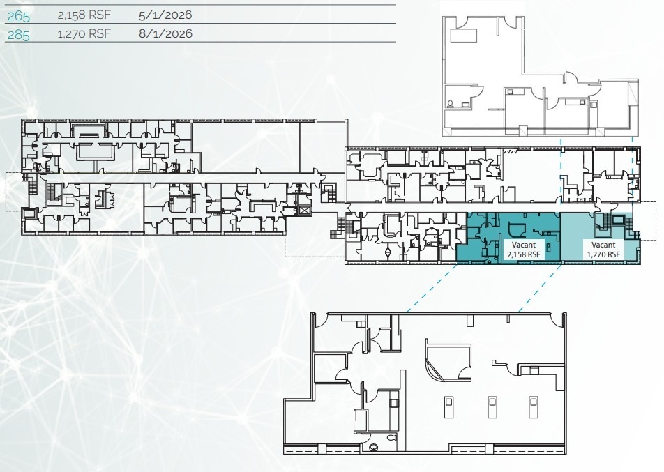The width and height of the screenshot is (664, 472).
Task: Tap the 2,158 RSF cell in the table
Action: [x=80, y=15]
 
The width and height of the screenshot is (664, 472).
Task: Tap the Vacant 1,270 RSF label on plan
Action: [x=603, y=250]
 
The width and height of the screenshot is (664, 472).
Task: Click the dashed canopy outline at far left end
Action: [x=13, y=190]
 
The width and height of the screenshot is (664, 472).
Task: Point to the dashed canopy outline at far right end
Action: [x=647, y=220]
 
